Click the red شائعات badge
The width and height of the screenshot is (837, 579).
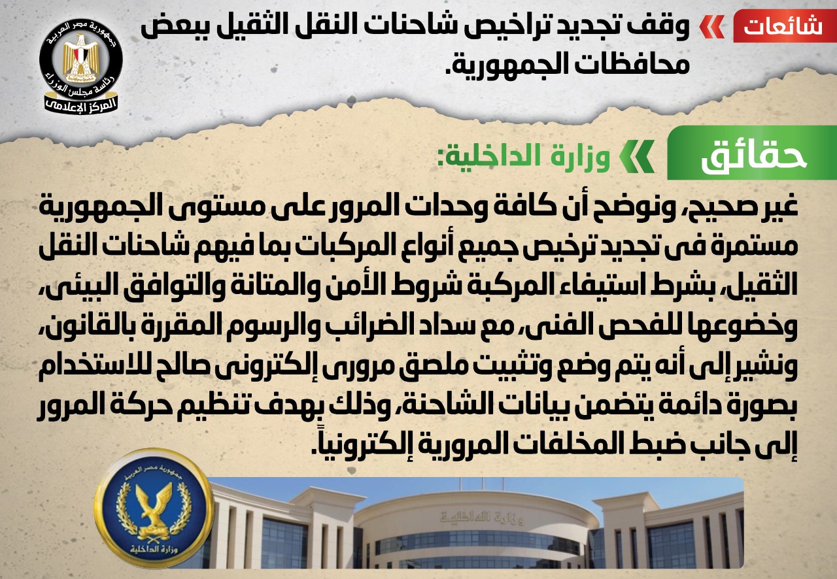[x=785, y=26]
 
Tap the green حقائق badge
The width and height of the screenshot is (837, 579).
[x=752, y=153]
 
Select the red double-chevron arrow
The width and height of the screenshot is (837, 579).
[x=712, y=27]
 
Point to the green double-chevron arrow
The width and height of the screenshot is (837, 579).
[x=637, y=156]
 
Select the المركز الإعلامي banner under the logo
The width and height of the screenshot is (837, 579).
[x=80, y=105]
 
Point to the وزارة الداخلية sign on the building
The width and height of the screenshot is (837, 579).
[x=482, y=517]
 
